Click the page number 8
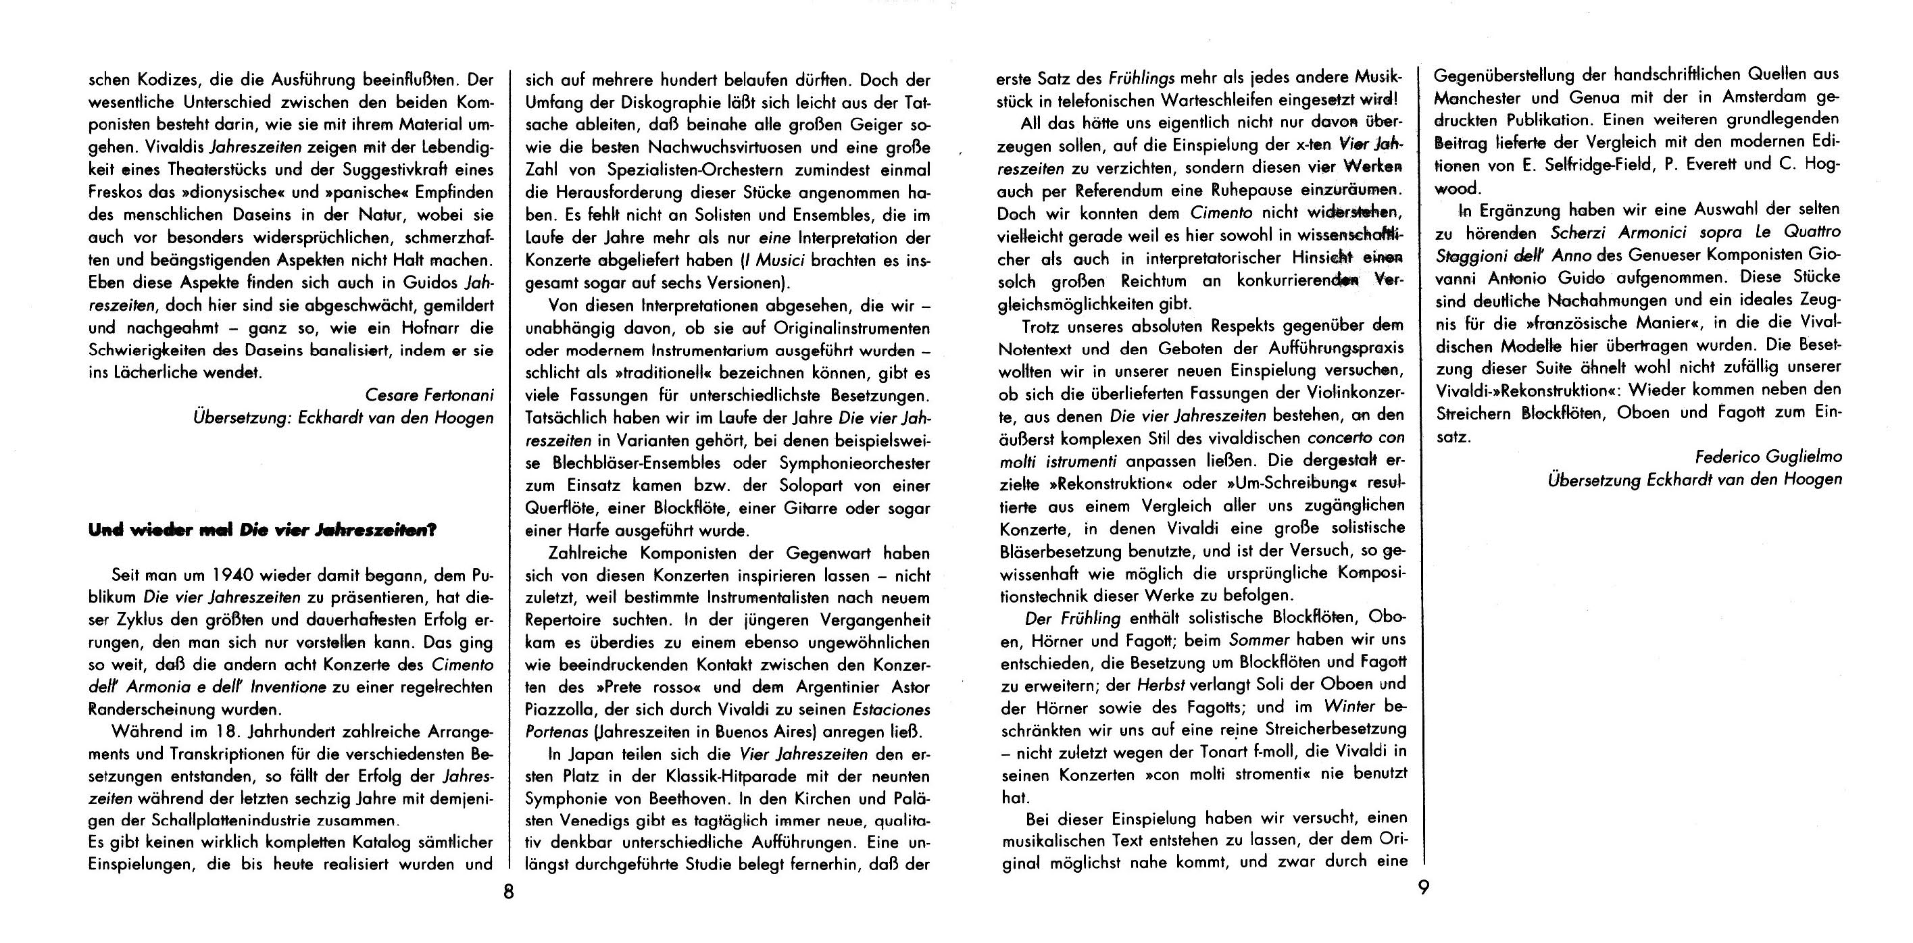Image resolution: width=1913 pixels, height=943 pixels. point(508,892)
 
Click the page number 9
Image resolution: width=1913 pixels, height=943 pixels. point(1423,888)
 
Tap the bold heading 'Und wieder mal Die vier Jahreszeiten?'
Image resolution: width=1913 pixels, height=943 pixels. point(262,530)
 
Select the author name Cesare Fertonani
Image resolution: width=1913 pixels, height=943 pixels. point(429,396)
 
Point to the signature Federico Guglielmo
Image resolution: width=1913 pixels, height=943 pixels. point(1768,457)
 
